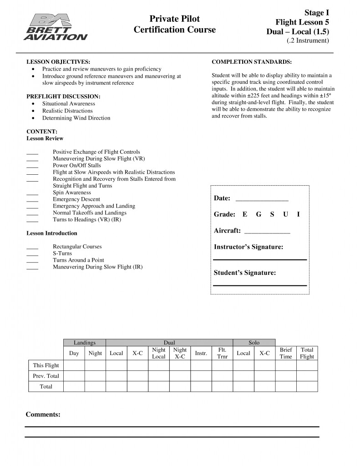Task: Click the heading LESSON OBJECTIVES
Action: click(58, 61)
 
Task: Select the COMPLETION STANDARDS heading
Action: click(252, 61)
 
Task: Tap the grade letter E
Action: click(245, 214)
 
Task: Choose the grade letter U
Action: click(285, 214)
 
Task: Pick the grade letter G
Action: click(259, 214)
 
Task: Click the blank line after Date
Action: click(262, 199)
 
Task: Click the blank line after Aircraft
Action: click(267, 231)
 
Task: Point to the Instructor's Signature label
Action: click(248, 247)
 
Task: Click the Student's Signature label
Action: click(245, 273)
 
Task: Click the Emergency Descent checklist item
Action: click(76, 199)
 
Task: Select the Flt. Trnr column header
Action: click(223, 353)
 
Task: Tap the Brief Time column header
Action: click(286, 353)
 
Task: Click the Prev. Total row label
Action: click(46, 376)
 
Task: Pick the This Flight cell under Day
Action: click(74, 365)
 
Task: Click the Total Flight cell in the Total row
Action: click(307, 387)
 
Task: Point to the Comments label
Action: click(43, 415)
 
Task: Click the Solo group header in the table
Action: click(254, 342)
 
